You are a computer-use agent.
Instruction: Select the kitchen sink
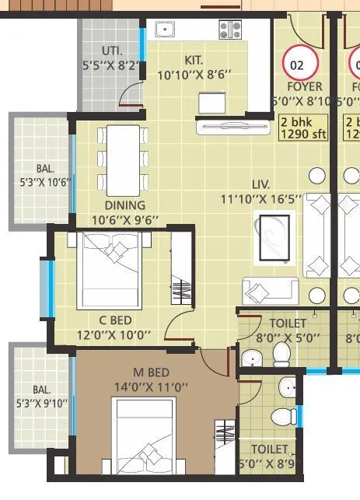pyautogui.click(x=164, y=30)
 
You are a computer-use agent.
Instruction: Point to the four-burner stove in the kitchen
pyautogui.click(x=231, y=30)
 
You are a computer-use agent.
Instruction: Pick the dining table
pyautogui.click(x=123, y=159)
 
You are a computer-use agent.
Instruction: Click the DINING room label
pyautogui.click(x=125, y=205)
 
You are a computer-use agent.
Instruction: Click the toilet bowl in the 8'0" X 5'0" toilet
pyautogui.click(x=281, y=355)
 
